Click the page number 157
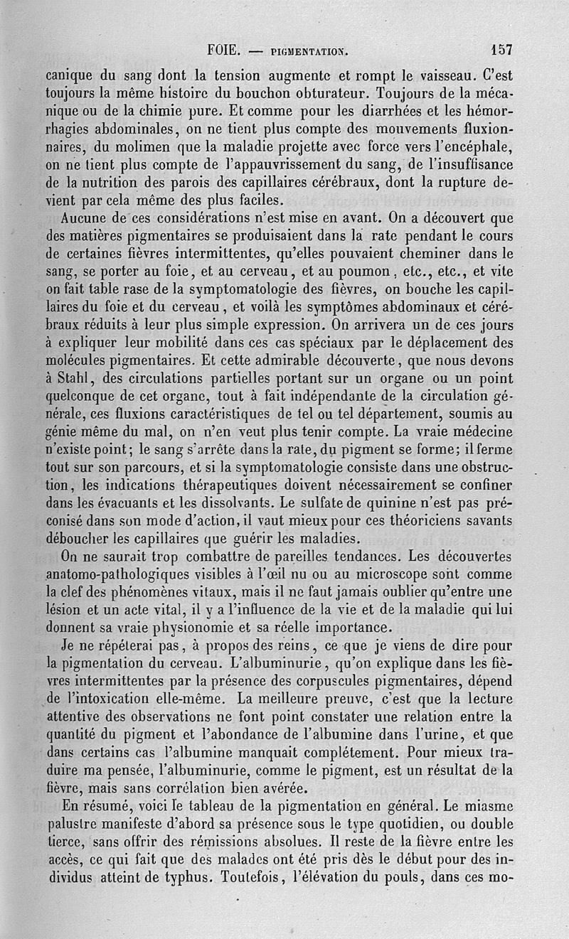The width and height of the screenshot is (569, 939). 501,50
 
